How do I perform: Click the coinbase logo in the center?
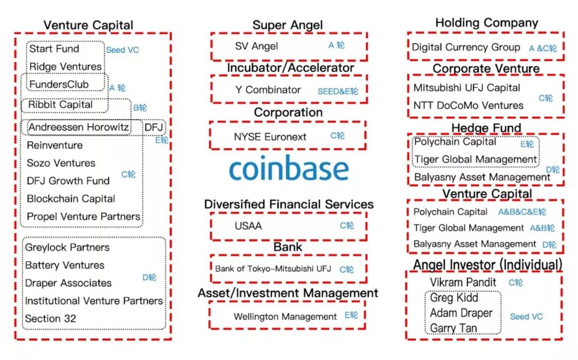(x=289, y=169)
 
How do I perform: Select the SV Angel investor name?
(x=256, y=46)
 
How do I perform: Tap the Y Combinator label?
(x=268, y=90)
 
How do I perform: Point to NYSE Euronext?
(x=270, y=137)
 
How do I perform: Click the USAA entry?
(x=248, y=226)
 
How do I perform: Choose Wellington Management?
(x=285, y=317)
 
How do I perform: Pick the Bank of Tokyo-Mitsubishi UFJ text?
(x=273, y=269)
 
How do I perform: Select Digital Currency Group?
(x=466, y=47)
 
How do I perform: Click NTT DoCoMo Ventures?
(x=468, y=105)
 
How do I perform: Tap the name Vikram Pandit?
(x=463, y=282)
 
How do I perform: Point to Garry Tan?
(x=454, y=328)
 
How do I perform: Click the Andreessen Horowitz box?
(x=78, y=127)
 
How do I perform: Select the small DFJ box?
(x=154, y=127)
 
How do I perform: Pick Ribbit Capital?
(x=60, y=105)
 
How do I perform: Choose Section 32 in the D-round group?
(x=50, y=319)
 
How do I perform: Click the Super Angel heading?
(x=287, y=25)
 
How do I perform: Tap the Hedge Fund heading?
(x=486, y=128)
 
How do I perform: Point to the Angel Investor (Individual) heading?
(x=487, y=265)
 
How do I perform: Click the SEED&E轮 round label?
(x=338, y=91)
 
